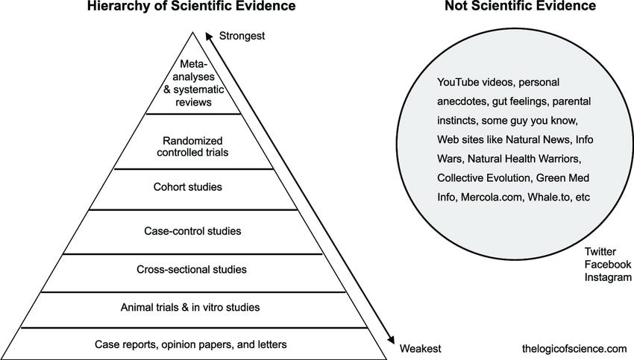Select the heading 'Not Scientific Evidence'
pos(519,7)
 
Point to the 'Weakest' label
pos(421,348)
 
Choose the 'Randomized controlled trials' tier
pos(193,145)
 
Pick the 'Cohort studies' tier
pos(193,186)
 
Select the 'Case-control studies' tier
pos(193,230)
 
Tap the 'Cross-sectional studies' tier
pos(193,269)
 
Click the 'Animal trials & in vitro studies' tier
pos(193,306)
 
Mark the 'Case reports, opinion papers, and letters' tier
pos(192,344)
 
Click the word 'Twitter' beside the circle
pos(600,253)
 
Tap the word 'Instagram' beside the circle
pos(608,277)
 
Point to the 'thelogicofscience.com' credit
pos(575,348)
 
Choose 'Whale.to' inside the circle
pos(551,198)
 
